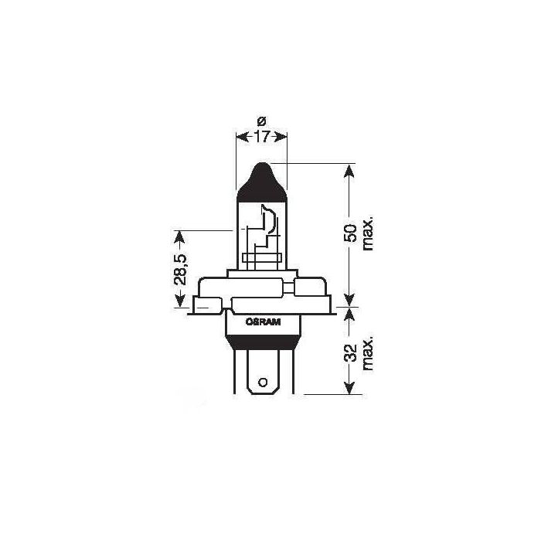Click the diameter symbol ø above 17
(260, 121)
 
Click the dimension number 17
(260, 138)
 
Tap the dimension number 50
(350, 232)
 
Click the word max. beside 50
(367, 232)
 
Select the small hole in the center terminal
(263, 381)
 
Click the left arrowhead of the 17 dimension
(239, 138)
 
